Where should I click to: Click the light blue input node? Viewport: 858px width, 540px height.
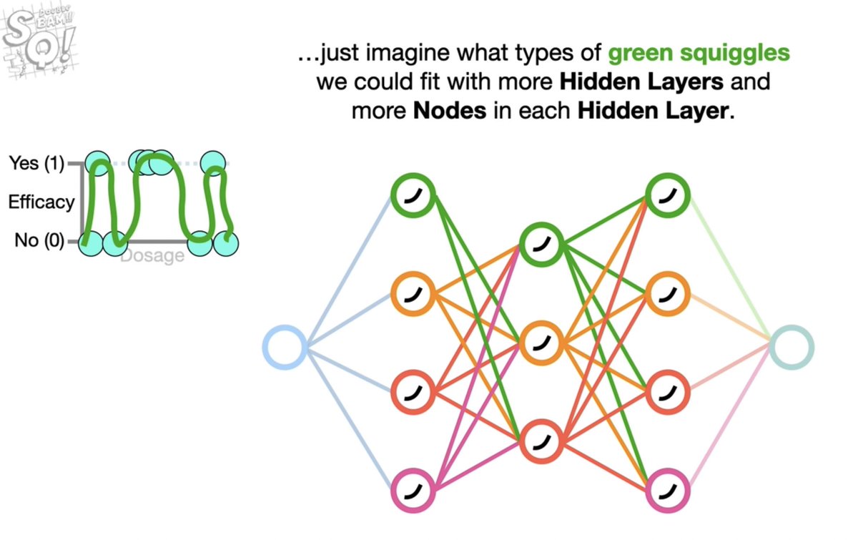[x=285, y=348]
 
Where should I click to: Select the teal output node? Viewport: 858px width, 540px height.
[x=792, y=348]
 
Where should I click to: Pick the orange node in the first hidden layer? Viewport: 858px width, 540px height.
[x=414, y=294]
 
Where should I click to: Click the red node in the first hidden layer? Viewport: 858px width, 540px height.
[x=414, y=392]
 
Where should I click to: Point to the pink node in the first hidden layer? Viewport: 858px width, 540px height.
[x=414, y=490]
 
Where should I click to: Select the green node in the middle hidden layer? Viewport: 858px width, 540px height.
[x=542, y=245]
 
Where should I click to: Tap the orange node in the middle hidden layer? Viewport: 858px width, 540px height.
[x=542, y=343]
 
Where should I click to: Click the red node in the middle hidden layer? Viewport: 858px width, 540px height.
[x=542, y=441]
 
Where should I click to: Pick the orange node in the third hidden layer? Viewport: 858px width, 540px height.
[x=668, y=294]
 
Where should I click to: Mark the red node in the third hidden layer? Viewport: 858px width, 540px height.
[x=668, y=392]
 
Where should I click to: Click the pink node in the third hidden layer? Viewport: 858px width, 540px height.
[x=668, y=490]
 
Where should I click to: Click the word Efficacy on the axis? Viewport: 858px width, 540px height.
[x=41, y=202]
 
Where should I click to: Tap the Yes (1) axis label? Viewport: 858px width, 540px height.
[x=36, y=164]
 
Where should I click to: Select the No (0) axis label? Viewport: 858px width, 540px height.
[x=39, y=241]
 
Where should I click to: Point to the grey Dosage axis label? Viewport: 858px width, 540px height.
[x=152, y=255]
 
